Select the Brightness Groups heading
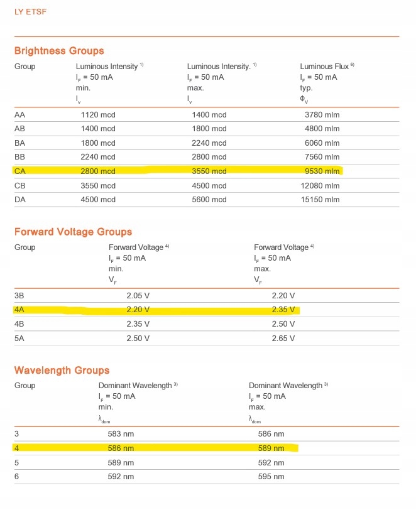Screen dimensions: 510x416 pos(59,51)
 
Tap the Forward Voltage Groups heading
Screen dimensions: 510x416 pos(73,232)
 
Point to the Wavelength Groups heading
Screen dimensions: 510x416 pos(62,370)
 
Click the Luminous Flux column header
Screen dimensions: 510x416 pos(327,66)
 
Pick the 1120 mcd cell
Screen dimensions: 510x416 pos(98,114)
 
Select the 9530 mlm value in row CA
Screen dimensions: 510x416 pos(322,171)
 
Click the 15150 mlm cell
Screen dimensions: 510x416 pos(322,200)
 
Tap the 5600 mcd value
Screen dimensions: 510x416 pos(209,200)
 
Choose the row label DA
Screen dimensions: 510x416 pos(20,200)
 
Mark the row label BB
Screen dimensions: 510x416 pos(20,157)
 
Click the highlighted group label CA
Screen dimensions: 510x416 pos(20,171)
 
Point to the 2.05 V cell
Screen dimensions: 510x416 pos(138,295)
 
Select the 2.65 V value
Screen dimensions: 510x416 pos(283,338)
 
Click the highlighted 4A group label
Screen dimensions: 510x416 pos(19,310)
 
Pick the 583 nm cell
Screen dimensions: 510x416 pos(121,434)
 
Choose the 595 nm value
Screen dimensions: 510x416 pos(271,477)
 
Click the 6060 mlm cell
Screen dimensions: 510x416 pos(322,143)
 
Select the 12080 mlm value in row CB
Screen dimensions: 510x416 pos(322,185)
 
